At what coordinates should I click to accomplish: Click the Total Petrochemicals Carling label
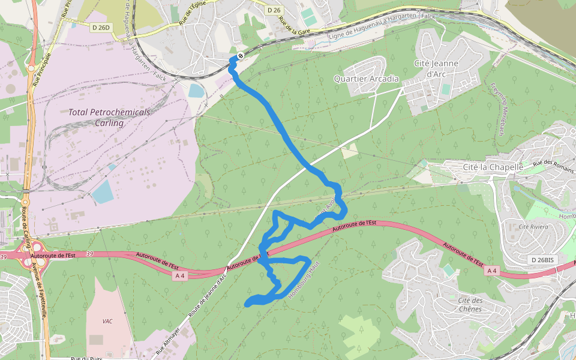click(109, 117)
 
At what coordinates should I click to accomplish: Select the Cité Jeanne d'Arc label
click(436, 68)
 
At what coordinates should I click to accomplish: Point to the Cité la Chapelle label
click(493, 166)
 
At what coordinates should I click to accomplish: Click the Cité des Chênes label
click(470, 305)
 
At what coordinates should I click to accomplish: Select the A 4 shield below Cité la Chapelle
click(491, 271)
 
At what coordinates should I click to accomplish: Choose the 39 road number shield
click(91, 254)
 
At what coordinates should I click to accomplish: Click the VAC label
click(107, 321)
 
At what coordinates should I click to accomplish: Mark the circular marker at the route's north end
click(240, 56)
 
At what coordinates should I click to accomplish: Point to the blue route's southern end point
click(248, 305)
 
